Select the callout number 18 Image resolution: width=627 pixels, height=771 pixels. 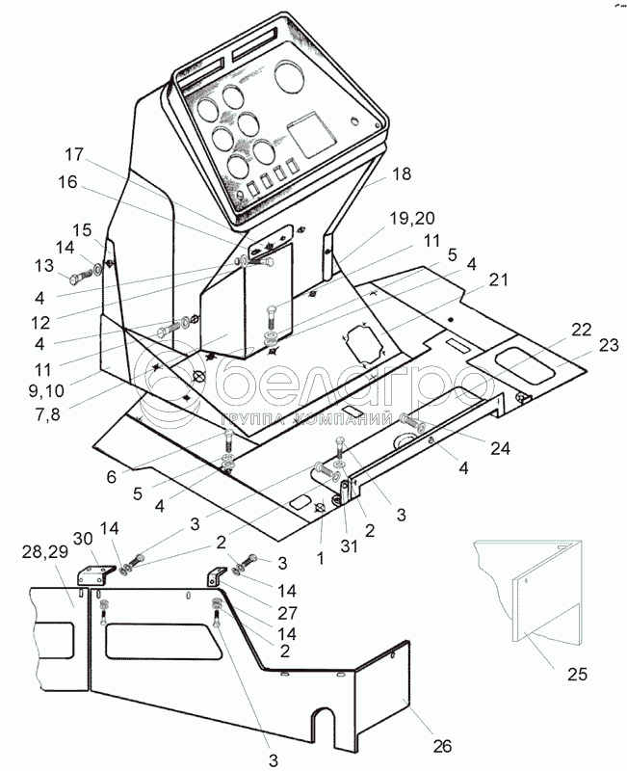point(375,173)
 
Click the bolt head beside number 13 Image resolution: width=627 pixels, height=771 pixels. point(77,280)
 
